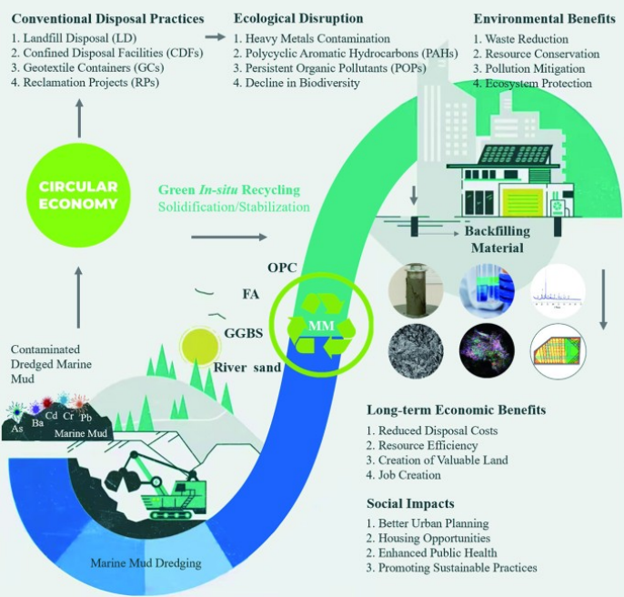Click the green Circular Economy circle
(x=78, y=196)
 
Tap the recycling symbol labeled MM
(x=318, y=324)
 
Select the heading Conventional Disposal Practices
(x=100, y=19)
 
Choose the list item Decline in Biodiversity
(x=297, y=83)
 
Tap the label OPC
(x=283, y=268)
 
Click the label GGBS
(x=243, y=333)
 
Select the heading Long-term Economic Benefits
(x=456, y=410)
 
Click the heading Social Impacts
(x=409, y=503)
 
